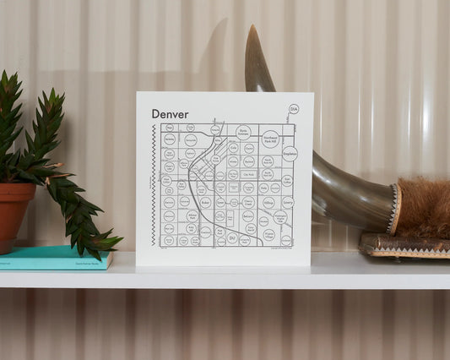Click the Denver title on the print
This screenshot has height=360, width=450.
pyautogui.click(x=170, y=114)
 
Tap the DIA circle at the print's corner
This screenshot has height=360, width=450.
pyautogui.click(x=294, y=110)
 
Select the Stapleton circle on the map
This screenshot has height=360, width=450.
pyautogui.click(x=290, y=155)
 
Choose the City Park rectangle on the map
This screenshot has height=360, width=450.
pyautogui.click(x=247, y=174)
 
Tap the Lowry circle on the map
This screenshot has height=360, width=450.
pyautogui.click(x=288, y=203)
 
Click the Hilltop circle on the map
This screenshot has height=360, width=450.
pyautogui.click(x=268, y=203)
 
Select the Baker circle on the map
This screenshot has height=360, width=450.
pyautogui.click(x=205, y=203)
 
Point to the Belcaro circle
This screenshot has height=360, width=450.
pyautogui.click(x=247, y=216)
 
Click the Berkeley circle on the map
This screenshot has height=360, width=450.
pyautogui.click(x=170, y=139)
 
